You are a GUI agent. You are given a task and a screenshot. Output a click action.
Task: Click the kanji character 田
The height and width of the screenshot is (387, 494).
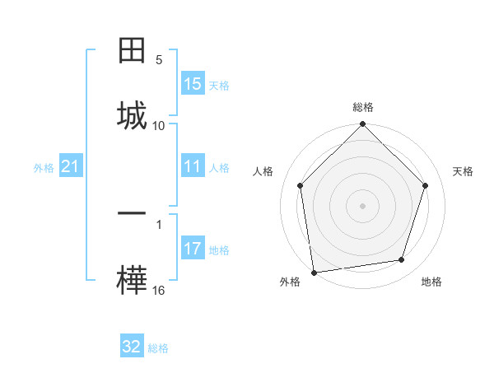pos(133,52)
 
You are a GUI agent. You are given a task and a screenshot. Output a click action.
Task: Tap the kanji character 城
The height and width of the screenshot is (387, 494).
pos(133,116)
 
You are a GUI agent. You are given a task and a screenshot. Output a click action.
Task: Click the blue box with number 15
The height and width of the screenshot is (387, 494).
pos(193,84)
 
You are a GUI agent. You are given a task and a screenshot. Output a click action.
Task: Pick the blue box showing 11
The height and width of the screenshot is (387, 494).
pos(193,167)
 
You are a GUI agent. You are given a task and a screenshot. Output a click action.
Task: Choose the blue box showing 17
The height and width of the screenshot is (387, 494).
pos(193,249)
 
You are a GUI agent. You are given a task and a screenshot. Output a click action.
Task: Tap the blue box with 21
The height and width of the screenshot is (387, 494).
pos(71,167)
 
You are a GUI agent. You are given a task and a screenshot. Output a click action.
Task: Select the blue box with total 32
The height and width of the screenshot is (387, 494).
pos(132,347)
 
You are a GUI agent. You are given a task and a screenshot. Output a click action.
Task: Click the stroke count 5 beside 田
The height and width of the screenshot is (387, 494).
pos(159,60)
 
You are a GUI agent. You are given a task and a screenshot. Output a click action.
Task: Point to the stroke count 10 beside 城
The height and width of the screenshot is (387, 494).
pos(159,125)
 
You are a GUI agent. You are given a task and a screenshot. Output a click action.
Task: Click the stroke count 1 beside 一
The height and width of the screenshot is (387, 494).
pos(159,222)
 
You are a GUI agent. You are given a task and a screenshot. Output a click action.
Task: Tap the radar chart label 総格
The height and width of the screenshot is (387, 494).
pos(363,107)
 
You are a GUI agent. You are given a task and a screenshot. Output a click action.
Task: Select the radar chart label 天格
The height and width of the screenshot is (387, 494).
pos(463,171)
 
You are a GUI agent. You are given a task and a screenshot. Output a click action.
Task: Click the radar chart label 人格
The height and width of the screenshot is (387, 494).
pos(263,171)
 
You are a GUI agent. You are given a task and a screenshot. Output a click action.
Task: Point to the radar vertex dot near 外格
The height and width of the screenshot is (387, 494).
pos(314,272)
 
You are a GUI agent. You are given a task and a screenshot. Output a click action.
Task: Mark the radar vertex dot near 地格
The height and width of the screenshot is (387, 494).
pos(402,260)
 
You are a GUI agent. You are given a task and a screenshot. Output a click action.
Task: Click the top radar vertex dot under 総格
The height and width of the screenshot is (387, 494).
pos(363,125)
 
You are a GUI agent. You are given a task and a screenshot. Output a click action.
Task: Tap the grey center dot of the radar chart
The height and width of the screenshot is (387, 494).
pos(363,205)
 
